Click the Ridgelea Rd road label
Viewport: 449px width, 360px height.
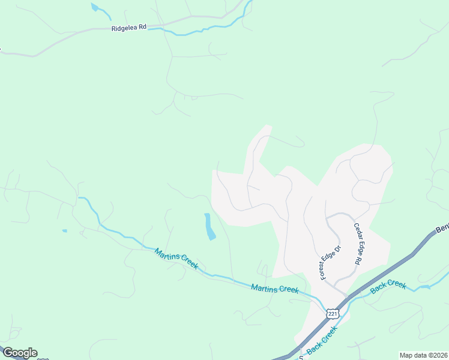[x=129, y=28]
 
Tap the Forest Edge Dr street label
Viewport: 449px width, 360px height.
[x=330, y=262]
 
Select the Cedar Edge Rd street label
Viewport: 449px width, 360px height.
[x=358, y=244]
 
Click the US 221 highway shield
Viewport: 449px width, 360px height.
[x=333, y=314]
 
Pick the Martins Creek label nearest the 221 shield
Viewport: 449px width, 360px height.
[x=275, y=289]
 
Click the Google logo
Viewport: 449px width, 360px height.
[x=20, y=353]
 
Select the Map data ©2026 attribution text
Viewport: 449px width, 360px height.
[x=424, y=355]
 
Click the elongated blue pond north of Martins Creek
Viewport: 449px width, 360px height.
[x=209, y=227]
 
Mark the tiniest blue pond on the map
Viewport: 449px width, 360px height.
[x=64, y=230]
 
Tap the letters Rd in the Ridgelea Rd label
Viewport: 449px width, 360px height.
[x=142, y=28]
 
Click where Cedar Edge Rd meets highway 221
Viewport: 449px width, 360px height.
[x=348, y=295]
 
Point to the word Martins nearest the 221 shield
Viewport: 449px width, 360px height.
[x=265, y=287]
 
